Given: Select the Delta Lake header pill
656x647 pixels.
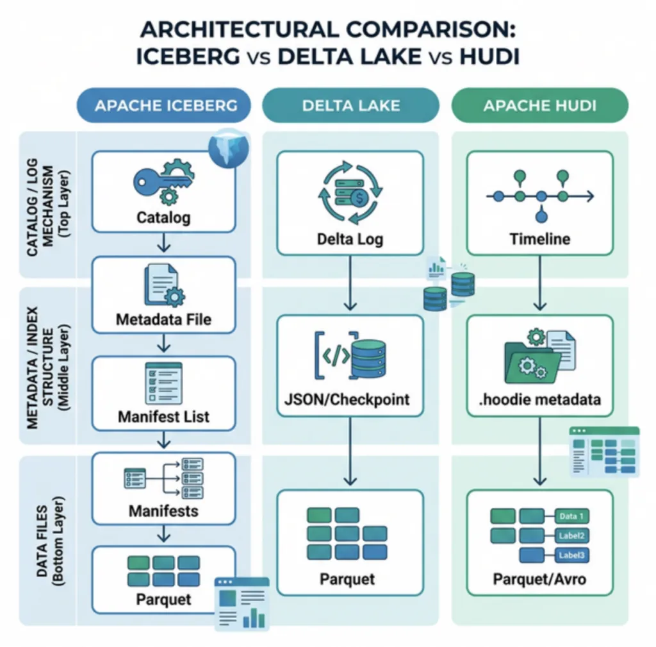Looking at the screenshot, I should (x=350, y=105).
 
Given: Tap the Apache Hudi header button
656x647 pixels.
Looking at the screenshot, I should (x=539, y=105).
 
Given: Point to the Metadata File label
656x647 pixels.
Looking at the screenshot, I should (x=163, y=319).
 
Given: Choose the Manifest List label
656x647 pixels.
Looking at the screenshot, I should (x=163, y=417).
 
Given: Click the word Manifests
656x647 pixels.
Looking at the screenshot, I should (x=163, y=511).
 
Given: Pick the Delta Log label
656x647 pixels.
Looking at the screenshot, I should (x=350, y=240).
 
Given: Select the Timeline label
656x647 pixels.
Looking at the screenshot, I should (x=539, y=239).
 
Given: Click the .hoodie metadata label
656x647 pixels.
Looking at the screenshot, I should (x=539, y=399).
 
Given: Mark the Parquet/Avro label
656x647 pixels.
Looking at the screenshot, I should (x=539, y=580).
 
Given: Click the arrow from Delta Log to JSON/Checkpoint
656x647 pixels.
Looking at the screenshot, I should (x=350, y=283).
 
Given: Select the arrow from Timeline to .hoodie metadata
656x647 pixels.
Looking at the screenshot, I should (x=539, y=283).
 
